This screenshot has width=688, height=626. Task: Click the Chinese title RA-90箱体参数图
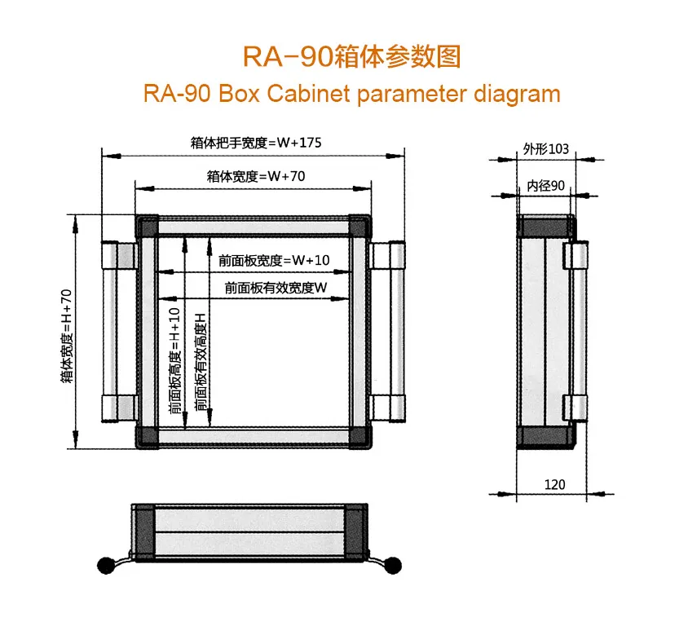coord(352,56)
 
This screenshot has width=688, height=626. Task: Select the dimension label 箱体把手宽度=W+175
coord(256,143)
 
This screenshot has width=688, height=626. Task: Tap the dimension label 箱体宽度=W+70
coord(256,175)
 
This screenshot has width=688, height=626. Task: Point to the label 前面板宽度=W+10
coord(274,261)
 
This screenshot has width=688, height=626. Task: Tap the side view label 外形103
coord(545,149)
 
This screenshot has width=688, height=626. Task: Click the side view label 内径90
coord(545,186)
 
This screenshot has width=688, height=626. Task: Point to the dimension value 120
coord(554,484)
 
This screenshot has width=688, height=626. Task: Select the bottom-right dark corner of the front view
coord(359,438)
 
